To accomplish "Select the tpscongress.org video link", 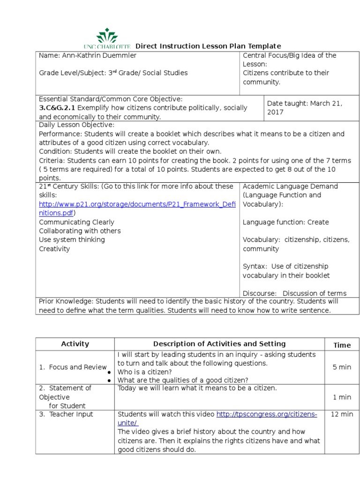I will click(266, 414).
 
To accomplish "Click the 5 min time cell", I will click(342, 367).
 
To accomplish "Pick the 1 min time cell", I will click(342, 397).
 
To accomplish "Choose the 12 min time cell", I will click(342, 414).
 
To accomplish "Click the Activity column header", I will click(75, 344).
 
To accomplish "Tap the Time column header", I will click(342, 345).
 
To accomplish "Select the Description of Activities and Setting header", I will click(219, 344).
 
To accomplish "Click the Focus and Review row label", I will click(73, 367).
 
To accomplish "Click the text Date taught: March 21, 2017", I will click(305, 108).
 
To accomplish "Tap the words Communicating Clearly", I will click(76, 222).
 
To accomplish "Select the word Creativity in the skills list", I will click(54, 249).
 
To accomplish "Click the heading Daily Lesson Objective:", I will click(76, 125).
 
